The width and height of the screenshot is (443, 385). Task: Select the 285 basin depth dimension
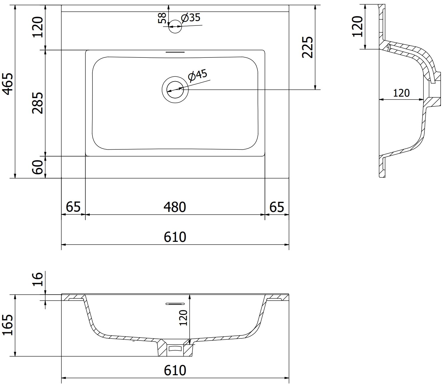pos(37,103)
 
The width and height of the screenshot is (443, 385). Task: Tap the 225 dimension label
pos(308,47)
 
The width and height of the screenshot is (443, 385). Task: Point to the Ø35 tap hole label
pos(191,18)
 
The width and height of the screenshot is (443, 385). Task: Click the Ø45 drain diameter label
pos(197,76)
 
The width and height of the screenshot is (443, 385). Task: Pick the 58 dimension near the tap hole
pos(162,18)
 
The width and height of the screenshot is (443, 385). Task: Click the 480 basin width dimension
pos(175,207)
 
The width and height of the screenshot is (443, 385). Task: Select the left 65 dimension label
pos(73,207)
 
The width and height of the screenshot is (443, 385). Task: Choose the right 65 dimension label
pos(277,207)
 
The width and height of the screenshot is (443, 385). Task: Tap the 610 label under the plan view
pos(175,237)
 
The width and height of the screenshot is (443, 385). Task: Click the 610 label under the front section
pos(175,370)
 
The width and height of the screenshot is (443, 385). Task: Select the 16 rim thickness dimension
pos(37,279)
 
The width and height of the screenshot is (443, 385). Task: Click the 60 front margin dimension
pos(37,167)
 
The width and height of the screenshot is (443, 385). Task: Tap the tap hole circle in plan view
pos(175,26)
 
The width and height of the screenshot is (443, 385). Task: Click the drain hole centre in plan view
pos(175,90)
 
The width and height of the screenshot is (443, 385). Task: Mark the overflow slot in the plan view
pos(175,52)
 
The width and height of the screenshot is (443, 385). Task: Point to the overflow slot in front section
pos(175,304)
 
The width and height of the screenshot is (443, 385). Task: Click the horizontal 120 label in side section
pos(401,93)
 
